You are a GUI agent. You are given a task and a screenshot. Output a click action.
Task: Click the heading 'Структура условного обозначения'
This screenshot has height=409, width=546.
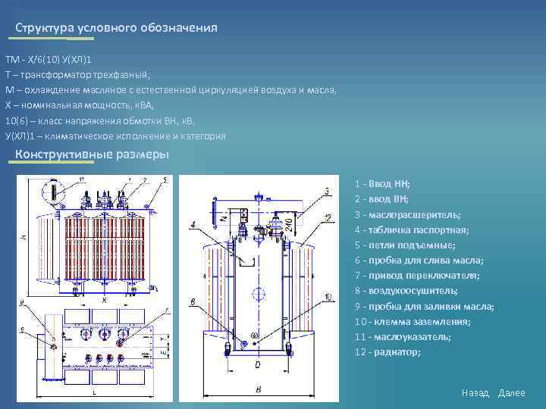pos(116,28)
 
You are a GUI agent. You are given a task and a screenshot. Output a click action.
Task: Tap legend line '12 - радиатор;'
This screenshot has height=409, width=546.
pos(387,351)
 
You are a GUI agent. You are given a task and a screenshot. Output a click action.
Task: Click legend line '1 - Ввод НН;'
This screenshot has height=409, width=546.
pos(382,184)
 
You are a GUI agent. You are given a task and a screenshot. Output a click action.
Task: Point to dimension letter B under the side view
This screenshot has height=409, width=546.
pos(259,389)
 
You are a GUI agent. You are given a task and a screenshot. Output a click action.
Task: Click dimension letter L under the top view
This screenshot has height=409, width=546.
pos(93,394)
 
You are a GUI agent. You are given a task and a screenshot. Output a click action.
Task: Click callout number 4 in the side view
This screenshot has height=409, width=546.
pos(193,224)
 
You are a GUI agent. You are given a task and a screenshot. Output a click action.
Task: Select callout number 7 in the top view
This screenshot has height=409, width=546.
pos(167,311)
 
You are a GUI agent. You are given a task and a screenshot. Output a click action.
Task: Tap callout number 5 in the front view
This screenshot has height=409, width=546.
pos(165,180)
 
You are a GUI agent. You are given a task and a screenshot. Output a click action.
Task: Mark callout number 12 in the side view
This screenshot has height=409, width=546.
pos(328,218)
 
